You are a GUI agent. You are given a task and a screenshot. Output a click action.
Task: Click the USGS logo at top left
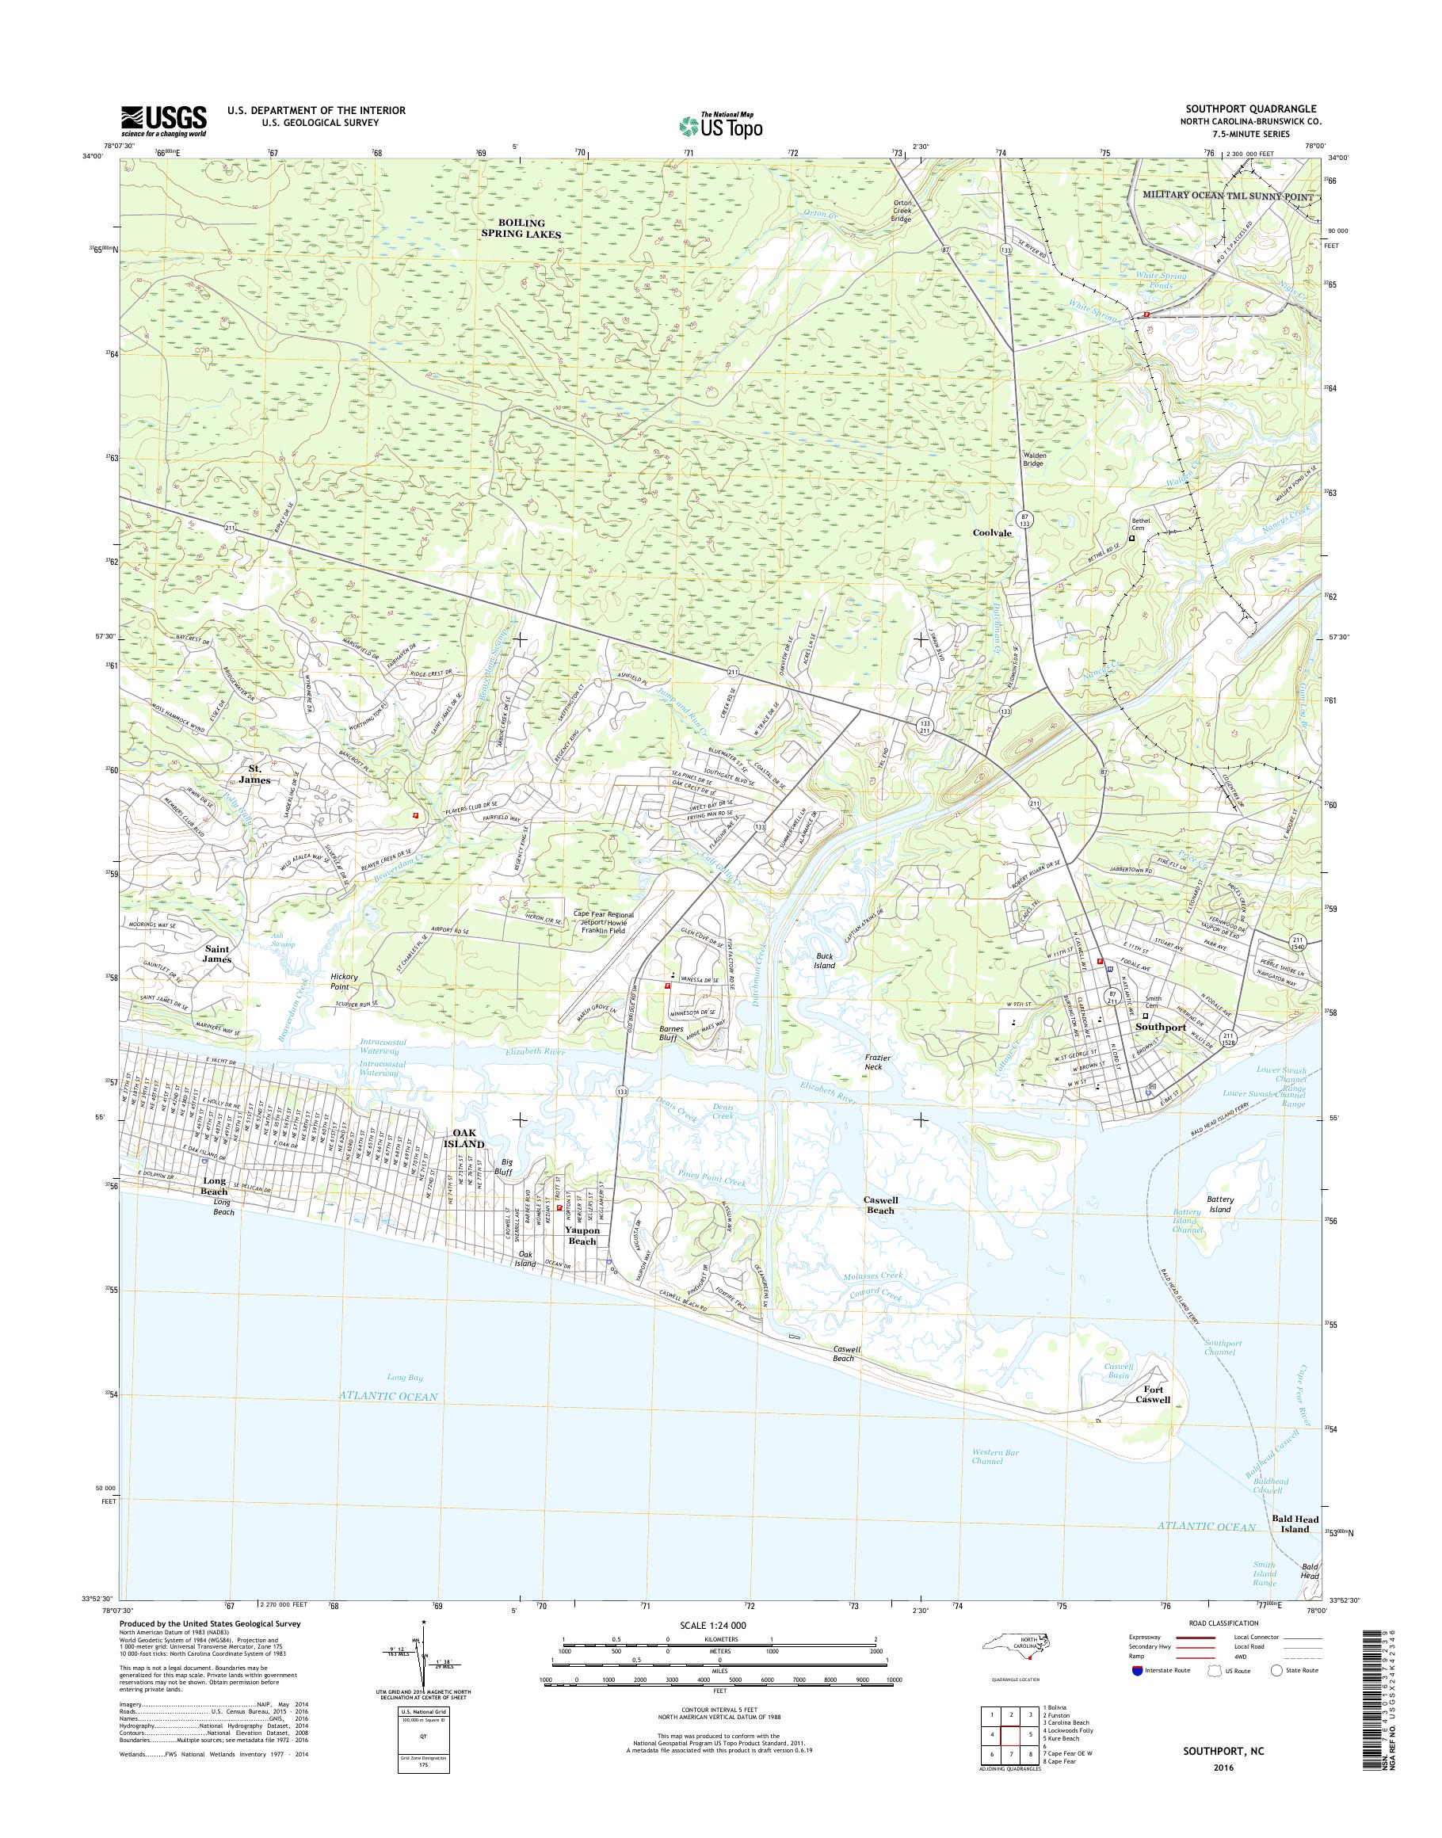pos(164,120)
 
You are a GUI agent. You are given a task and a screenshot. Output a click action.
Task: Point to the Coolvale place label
pos(991,532)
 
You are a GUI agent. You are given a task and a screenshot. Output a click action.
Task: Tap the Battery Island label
pos(1220,1204)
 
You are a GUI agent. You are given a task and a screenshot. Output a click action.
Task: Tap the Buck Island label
pos(824,960)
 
